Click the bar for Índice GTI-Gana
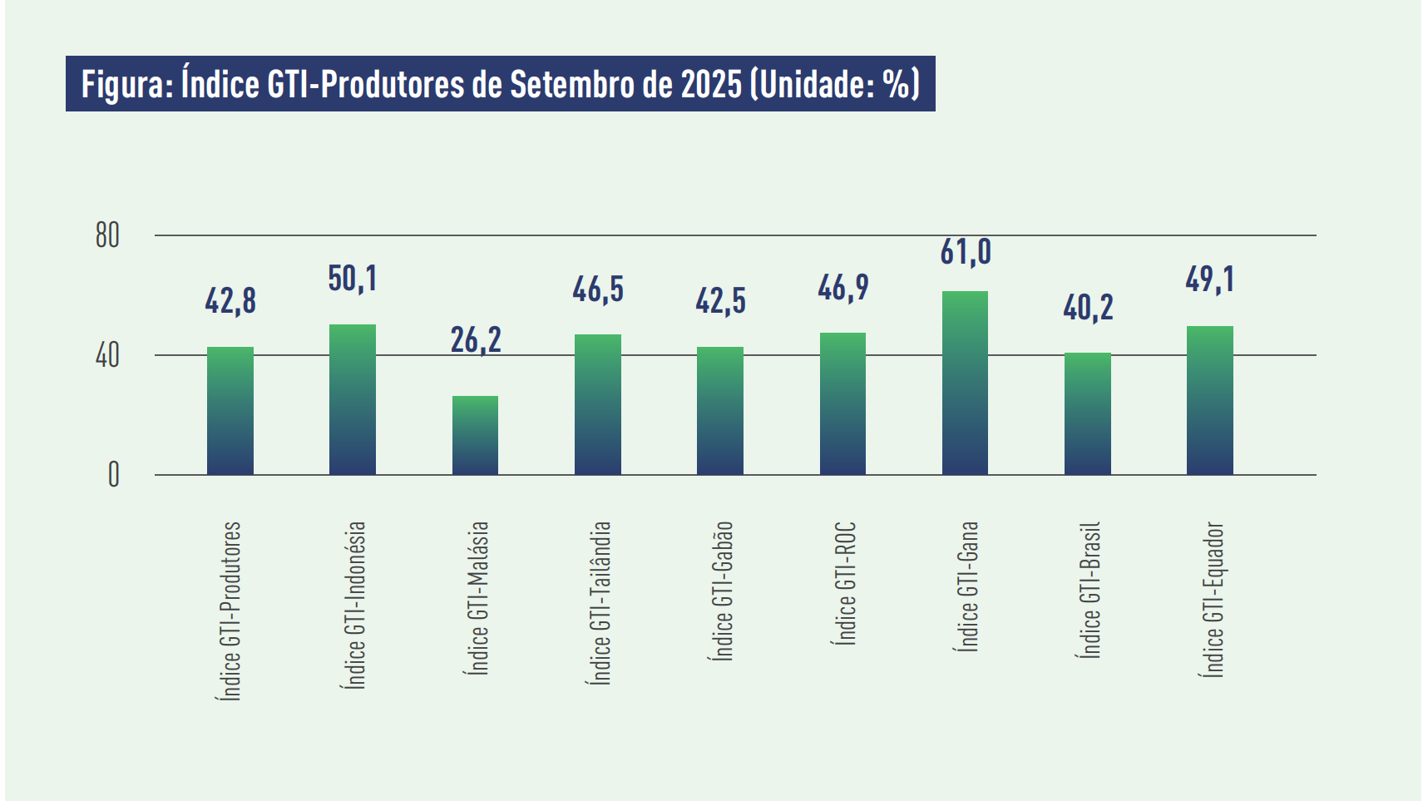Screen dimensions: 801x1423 (965, 383)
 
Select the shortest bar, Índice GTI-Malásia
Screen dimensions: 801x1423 (475, 435)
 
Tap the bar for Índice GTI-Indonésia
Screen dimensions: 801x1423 (353, 399)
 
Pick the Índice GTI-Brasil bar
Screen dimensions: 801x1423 (1087, 413)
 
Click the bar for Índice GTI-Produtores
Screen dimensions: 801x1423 (230, 411)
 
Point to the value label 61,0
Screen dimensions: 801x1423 (966, 251)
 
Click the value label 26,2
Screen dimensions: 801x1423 (476, 339)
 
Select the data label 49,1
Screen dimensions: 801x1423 (1209, 279)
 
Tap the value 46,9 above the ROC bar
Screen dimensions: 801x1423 (842, 288)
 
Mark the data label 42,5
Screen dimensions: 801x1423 (720, 300)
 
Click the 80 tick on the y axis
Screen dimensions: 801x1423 (107, 235)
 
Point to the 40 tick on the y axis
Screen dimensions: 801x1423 (107, 356)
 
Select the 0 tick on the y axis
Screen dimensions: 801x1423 (113, 475)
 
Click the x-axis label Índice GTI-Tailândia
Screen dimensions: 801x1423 (600, 602)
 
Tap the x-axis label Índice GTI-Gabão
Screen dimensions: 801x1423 (722, 591)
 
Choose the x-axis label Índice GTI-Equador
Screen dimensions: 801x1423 (1213, 599)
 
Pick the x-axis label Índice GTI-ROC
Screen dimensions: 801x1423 (845, 583)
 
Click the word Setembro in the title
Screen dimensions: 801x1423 (571, 84)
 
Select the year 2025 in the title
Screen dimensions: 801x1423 (710, 84)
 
